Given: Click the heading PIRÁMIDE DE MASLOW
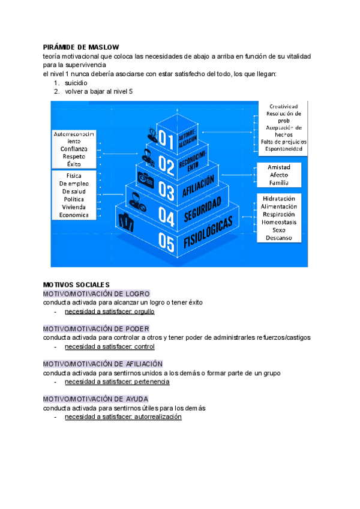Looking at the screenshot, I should pos(81,47).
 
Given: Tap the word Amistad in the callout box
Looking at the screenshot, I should pos(279,167).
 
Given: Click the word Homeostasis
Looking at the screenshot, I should pos(278,222).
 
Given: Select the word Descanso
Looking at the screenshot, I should pos(278,238).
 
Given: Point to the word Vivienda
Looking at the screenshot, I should pos(74,206).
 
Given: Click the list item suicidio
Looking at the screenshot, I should pos(76,82).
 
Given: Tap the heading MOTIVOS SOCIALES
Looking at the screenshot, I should pos(77,284).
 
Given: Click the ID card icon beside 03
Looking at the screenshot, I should pos(146,178).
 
